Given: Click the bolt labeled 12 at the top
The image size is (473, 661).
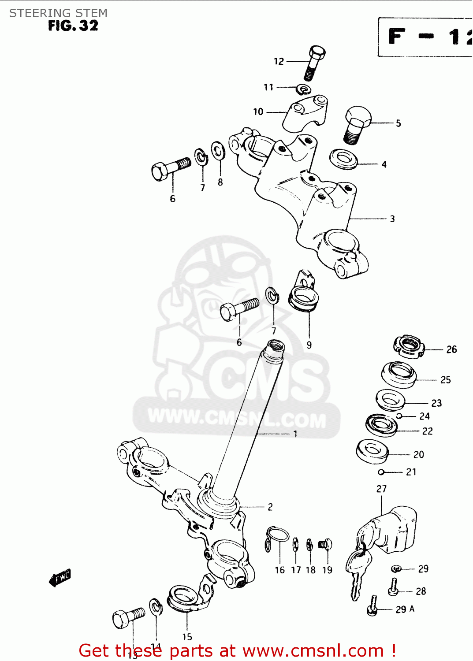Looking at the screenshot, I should click(314, 63).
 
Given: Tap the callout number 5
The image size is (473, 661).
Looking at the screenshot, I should click(398, 123).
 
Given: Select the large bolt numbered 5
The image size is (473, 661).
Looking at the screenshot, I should click(356, 124).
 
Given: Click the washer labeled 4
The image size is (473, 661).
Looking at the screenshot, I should click(344, 159).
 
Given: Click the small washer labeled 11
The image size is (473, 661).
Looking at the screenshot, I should click(302, 89).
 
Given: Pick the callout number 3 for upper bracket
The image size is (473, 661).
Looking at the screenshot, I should click(392, 219).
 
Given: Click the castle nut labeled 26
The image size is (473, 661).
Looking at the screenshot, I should click(409, 346).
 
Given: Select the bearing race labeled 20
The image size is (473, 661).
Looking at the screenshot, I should click(372, 451).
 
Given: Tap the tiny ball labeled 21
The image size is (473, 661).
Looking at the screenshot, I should click(381, 472).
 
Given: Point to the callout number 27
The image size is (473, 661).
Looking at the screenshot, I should click(381, 489).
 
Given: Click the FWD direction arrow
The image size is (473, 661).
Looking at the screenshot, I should click(60, 577).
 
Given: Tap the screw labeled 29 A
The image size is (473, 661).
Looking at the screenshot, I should click(373, 607).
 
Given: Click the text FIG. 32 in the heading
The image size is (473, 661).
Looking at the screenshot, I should click(73, 26).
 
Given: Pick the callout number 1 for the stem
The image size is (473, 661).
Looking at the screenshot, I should click(295, 434).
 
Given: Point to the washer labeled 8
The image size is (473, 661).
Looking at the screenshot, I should click(218, 152).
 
